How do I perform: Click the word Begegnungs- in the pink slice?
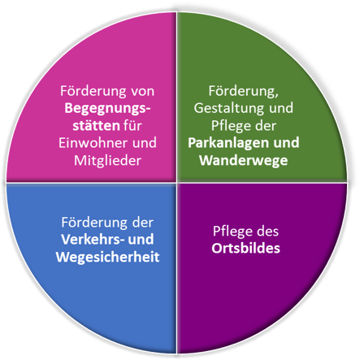pos(107,109)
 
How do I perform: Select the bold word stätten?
pos(96,125)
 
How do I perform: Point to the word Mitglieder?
pos(107,161)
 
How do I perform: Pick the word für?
pos(132,125)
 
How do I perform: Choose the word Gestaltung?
pos(228,109)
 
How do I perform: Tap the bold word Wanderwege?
pos(244,161)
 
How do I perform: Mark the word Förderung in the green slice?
pos(244,91)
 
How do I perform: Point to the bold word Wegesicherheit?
pos(107,257)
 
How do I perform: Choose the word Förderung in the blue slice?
pos(95,223)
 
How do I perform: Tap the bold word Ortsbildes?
pos(245,249)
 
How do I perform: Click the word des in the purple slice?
pos(267,232)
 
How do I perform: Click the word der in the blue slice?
pos(143,223)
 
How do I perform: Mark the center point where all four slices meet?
pos(177,182)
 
